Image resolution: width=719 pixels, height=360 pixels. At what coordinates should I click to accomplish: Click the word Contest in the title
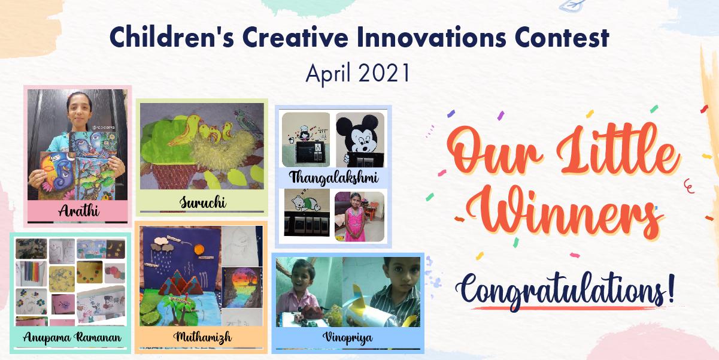pyautogui.click(x=562, y=38)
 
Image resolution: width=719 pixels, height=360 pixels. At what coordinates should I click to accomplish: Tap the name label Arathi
pyautogui.click(x=78, y=211)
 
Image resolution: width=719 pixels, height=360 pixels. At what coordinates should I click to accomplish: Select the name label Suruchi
pyautogui.click(x=202, y=202)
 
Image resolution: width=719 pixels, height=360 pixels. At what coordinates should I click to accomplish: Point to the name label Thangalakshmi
pyautogui.click(x=333, y=177)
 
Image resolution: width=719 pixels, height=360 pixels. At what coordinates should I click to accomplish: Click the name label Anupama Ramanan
pyautogui.click(x=72, y=337)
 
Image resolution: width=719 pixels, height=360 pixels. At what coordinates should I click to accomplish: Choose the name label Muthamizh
pyautogui.click(x=202, y=337)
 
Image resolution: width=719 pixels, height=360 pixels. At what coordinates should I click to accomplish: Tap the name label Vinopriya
pyautogui.click(x=348, y=337)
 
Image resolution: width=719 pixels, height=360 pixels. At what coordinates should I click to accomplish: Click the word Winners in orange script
pyautogui.click(x=565, y=212)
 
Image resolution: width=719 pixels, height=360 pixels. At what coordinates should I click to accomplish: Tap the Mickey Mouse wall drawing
pyautogui.click(x=359, y=138)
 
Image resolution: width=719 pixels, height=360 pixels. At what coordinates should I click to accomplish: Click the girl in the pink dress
pyautogui.click(x=356, y=217)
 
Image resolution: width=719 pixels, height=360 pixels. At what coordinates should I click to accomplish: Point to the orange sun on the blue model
pyautogui.click(x=199, y=249)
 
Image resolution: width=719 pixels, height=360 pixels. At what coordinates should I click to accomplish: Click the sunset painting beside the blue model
pyautogui.click(x=242, y=287)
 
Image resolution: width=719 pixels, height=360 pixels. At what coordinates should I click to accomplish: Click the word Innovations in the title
pyautogui.click(x=431, y=38)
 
